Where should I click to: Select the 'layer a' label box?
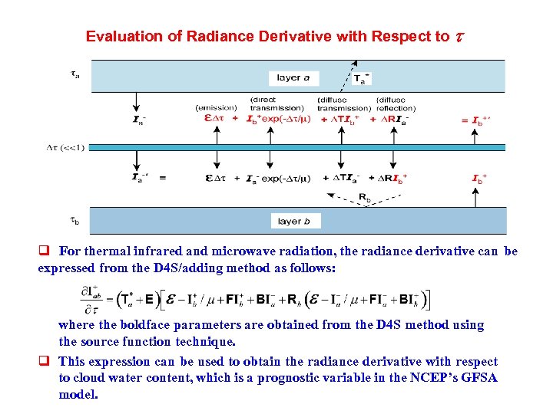(x=294, y=77)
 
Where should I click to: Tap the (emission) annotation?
(x=217, y=107)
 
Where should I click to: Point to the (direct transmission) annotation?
(x=275, y=103)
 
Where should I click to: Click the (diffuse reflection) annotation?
(x=396, y=103)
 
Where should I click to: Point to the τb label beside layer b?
(x=75, y=221)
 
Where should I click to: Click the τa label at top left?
(x=74, y=74)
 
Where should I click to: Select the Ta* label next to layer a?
(x=361, y=77)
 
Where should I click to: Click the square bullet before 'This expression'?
(x=45, y=361)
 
